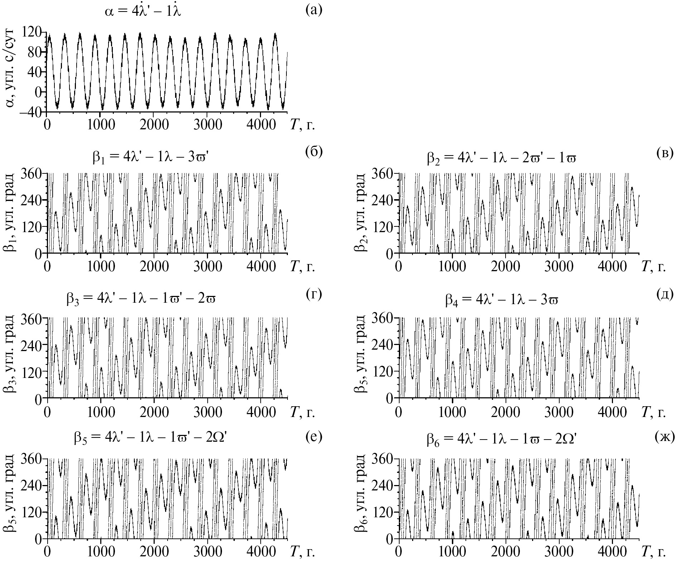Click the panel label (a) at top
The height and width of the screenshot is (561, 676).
point(314,10)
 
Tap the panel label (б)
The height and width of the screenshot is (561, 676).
point(314,152)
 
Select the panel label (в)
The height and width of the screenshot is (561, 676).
point(665,153)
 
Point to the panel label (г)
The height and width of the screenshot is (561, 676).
point(314,294)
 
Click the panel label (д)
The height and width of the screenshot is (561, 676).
point(665,294)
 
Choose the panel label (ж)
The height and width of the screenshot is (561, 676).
point(664,437)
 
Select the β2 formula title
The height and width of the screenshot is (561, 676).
point(502,158)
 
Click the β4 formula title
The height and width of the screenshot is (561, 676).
point(502,300)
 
